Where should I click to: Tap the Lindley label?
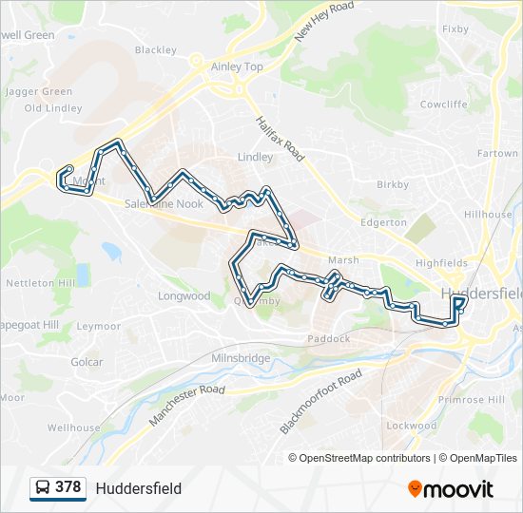(255, 157)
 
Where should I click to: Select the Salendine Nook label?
(164, 204)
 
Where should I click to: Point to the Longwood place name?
(184, 295)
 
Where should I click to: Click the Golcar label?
(87, 362)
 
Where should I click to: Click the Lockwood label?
(412, 426)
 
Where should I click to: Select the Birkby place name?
(393, 184)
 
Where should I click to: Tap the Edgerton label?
(383, 222)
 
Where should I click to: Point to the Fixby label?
(455, 28)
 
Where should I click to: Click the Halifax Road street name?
(280, 138)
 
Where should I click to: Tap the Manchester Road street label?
(187, 404)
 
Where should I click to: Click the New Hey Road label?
(323, 21)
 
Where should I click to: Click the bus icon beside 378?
(42, 487)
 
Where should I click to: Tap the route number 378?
(68, 487)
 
